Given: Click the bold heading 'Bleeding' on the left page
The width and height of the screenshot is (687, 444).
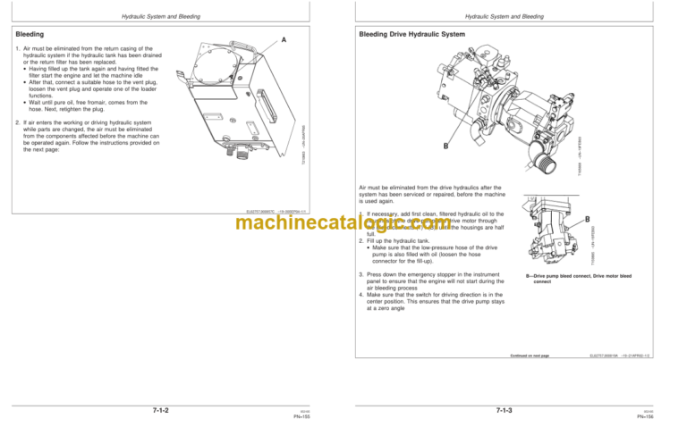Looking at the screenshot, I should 31,33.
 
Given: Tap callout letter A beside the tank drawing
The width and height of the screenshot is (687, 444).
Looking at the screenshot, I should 284,40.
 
